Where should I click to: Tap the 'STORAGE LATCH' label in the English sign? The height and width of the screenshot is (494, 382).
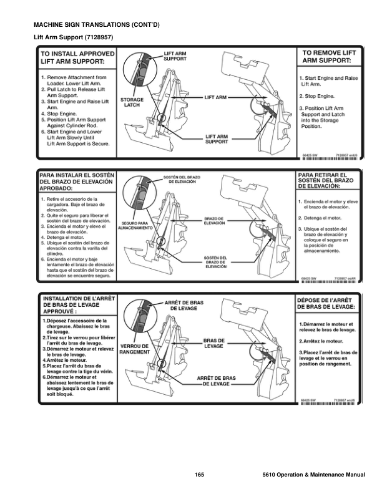tap(132, 102)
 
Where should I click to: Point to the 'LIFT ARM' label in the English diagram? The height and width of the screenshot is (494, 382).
tap(216, 98)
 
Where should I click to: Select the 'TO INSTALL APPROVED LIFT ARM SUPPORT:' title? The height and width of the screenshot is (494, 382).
tap(77, 58)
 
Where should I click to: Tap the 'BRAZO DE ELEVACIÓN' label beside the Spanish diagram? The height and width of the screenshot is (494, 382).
tap(215, 221)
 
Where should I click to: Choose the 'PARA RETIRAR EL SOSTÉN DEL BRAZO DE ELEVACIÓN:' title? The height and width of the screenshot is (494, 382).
tap(327, 181)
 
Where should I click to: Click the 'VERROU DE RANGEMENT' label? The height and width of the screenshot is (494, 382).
tap(134, 349)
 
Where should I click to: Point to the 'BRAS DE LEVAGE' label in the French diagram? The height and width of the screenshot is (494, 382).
tap(213, 343)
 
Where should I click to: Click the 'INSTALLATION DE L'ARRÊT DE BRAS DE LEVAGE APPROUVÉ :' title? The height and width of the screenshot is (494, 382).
tap(77, 304)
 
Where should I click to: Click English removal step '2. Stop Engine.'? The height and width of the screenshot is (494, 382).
tap(318, 97)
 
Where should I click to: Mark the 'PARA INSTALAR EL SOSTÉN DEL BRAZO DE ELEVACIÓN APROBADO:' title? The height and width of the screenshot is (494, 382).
tap(77, 181)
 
